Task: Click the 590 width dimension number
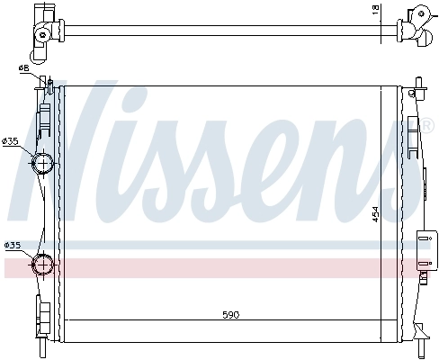(x=230, y=315)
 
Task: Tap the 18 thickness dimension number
(x=376, y=11)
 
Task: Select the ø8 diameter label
(x=22, y=69)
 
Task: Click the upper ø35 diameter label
(x=11, y=141)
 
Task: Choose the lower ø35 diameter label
(x=13, y=245)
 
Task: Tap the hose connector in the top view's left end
(x=44, y=31)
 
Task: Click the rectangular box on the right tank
(x=423, y=246)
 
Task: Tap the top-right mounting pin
(x=421, y=89)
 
